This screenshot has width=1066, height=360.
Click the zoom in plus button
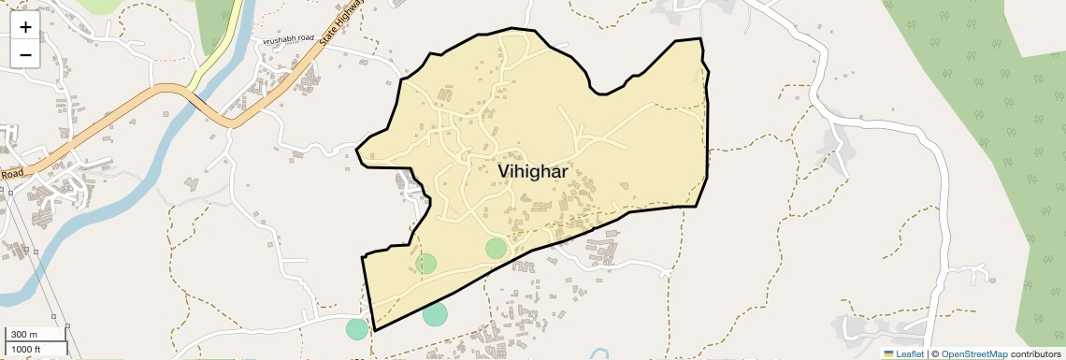[x=25, y=27]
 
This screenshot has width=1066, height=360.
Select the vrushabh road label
[x=287, y=42]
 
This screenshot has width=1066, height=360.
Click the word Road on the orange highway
[x=12, y=174]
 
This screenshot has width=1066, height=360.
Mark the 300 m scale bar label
[x=24, y=335]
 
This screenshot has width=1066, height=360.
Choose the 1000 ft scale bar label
[x=26, y=350]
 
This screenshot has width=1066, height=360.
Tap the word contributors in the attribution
[x=1039, y=353]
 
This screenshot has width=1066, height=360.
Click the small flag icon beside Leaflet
[x=888, y=353]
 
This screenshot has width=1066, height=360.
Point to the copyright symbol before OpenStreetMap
[x=934, y=353]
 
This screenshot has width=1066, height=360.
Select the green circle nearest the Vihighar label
[x=496, y=248]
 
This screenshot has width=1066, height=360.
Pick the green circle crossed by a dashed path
[x=425, y=263]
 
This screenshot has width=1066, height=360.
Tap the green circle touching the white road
[x=356, y=328]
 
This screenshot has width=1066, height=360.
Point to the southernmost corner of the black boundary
[x=375, y=330]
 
